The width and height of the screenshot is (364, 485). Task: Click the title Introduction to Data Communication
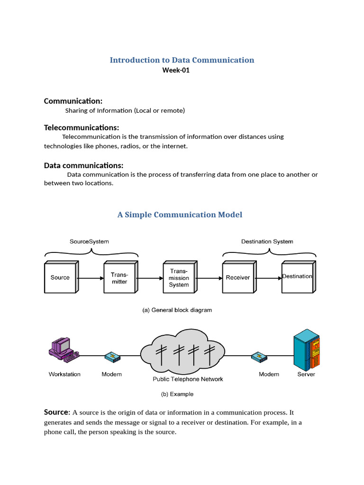pyautogui.click(x=182, y=60)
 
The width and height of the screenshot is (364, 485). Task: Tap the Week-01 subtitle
pyautogui.click(x=176, y=71)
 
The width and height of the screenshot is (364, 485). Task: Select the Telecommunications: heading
pyautogui.click(x=82, y=128)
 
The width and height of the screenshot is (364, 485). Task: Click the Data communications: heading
pyautogui.click(x=83, y=165)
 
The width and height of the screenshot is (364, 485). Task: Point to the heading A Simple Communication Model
pyautogui.click(x=180, y=215)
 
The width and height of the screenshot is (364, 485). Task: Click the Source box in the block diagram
pyautogui.click(x=61, y=277)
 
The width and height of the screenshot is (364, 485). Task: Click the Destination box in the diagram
pyautogui.click(x=298, y=277)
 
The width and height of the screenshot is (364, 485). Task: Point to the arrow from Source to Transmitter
pyautogui.click(x=91, y=278)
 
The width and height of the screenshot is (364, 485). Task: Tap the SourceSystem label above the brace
pyautogui.click(x=89, y=242)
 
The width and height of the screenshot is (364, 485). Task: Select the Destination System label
pyautogui.click(x=267, y=242)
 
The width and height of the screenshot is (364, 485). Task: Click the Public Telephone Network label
pyautogui.click(x=188, y=379)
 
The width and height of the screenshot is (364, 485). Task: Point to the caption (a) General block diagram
pyautogui.click(x=177, y=310)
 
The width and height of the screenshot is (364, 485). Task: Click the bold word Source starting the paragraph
pyautogui.click(x=57, y=412)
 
